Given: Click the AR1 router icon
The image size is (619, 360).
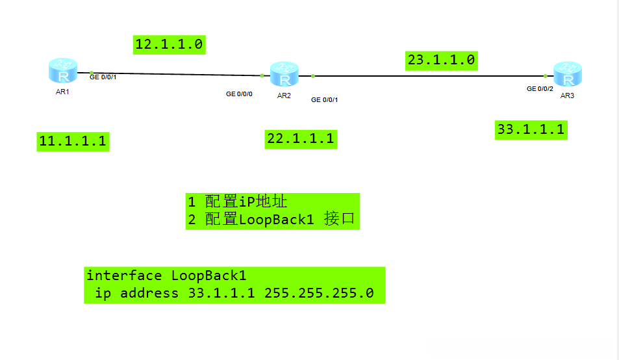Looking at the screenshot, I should click(x=62, y=70).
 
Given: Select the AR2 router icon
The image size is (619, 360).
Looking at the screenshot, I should click(x=284, y=75).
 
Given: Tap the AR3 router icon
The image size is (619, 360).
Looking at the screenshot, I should click(x=567, y=75).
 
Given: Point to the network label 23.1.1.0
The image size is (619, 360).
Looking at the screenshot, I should click(x=441, y=60).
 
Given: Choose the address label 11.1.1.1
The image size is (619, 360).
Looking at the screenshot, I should click(x=73, y=141).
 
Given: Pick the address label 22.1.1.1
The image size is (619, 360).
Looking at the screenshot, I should click(x=301, y=138).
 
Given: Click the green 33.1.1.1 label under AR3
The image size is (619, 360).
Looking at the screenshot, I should click(x=531, y=129).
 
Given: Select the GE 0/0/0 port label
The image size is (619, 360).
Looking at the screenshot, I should click(x=239, y=94).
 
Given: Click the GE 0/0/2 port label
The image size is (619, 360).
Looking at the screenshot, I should click(x=540, y=88).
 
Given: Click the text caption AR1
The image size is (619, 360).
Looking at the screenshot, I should click(x=62, y=92).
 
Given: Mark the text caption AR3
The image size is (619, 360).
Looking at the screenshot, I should click(x=567, y=96).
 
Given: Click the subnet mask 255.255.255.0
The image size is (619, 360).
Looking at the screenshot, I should click(x=319, y=293).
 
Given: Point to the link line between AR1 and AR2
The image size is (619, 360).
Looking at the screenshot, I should click(x=175, y=74).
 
